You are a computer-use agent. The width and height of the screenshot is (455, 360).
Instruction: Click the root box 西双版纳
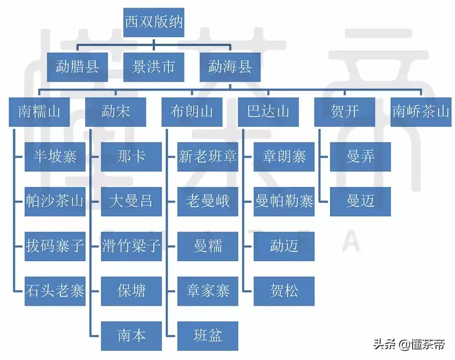pos(154,22)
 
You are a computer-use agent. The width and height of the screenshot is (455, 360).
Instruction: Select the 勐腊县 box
pos(77,67)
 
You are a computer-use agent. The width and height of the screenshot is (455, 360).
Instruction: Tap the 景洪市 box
pos(154,67)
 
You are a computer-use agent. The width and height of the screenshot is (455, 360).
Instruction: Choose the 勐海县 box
pos(230,67)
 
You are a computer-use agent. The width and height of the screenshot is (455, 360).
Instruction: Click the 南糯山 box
pos(39,112)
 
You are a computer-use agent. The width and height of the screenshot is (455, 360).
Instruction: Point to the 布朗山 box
pos(192,112)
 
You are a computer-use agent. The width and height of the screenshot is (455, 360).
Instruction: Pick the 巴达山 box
pos(268,112)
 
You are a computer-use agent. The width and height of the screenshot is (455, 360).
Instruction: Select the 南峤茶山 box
pos(421,112)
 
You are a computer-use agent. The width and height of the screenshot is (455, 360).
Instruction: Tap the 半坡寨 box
pos(55,157)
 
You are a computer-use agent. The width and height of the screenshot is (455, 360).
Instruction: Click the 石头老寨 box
pos(55,291)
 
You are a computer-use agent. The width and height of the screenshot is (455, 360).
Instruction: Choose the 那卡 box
pos(131,157)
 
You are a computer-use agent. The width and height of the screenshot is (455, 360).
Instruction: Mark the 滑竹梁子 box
pos(131,247)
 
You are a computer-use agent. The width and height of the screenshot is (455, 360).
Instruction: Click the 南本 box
pos(131,336)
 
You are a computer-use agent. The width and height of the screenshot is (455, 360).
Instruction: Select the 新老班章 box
pos(208,157)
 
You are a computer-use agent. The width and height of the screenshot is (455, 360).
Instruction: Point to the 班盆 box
pos(208,336)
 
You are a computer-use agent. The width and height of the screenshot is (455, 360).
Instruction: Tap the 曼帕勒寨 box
pos(284,202)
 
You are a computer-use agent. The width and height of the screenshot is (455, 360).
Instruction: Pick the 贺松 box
pos(284,291)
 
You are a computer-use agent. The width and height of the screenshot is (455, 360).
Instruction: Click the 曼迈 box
pos(360,202)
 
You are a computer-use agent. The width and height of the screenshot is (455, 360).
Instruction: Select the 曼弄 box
pos(360,157)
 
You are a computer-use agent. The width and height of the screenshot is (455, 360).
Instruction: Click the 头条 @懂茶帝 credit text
pos(409,345)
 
